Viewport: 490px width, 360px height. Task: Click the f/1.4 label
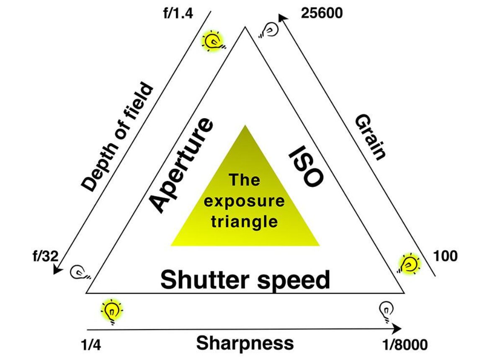(x=178, y=13)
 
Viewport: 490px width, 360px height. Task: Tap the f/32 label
(x=46, y=256)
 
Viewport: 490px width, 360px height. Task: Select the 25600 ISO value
(x=322, y=13)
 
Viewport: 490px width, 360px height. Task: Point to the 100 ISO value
(x=445, y=256)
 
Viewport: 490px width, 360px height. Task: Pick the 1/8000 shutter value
(x=405, y=344)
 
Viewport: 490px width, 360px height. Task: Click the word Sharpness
(x=245, y=343)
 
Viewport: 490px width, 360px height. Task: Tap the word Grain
(x=371, y=137)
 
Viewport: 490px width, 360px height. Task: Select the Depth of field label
(x=117, y=137)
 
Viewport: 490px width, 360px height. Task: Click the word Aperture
(x=182, y=166)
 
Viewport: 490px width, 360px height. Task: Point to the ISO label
(x=305, y=166)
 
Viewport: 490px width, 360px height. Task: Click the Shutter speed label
(x=245, y=280)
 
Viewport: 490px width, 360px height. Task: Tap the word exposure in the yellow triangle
(x=244, y=201)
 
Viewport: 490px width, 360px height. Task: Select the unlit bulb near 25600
(x=269, y=30)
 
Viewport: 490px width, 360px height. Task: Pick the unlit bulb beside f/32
(x=80, y=272)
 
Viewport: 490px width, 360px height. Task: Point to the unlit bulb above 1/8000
(x=386, y=311)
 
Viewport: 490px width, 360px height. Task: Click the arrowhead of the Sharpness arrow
(x=397, y=329)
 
